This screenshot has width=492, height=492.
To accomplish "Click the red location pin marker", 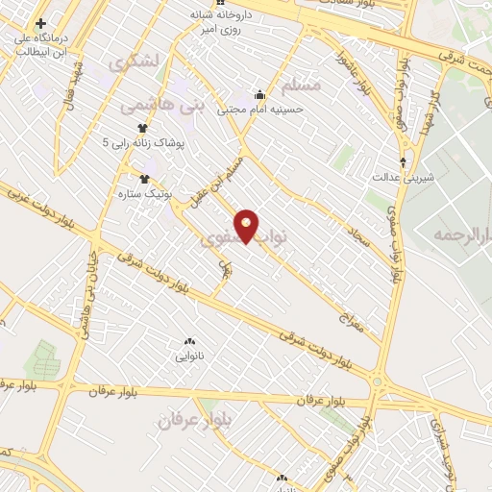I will click(x=248, y=226).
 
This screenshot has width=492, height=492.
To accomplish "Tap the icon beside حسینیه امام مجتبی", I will click(x=259, y=95).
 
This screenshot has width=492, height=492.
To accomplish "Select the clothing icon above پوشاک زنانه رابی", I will click(x=142, y=126).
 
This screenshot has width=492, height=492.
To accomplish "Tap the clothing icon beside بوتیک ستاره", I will click(x=145, y=178).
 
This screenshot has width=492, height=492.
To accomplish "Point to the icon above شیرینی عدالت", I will click(x=403, y=160).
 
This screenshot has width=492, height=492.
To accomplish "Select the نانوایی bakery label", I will click(x=188, y=357).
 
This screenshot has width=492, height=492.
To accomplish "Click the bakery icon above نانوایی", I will click(x=188, y=342).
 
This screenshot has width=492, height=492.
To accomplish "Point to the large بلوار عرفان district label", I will click(x=184, y=420).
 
